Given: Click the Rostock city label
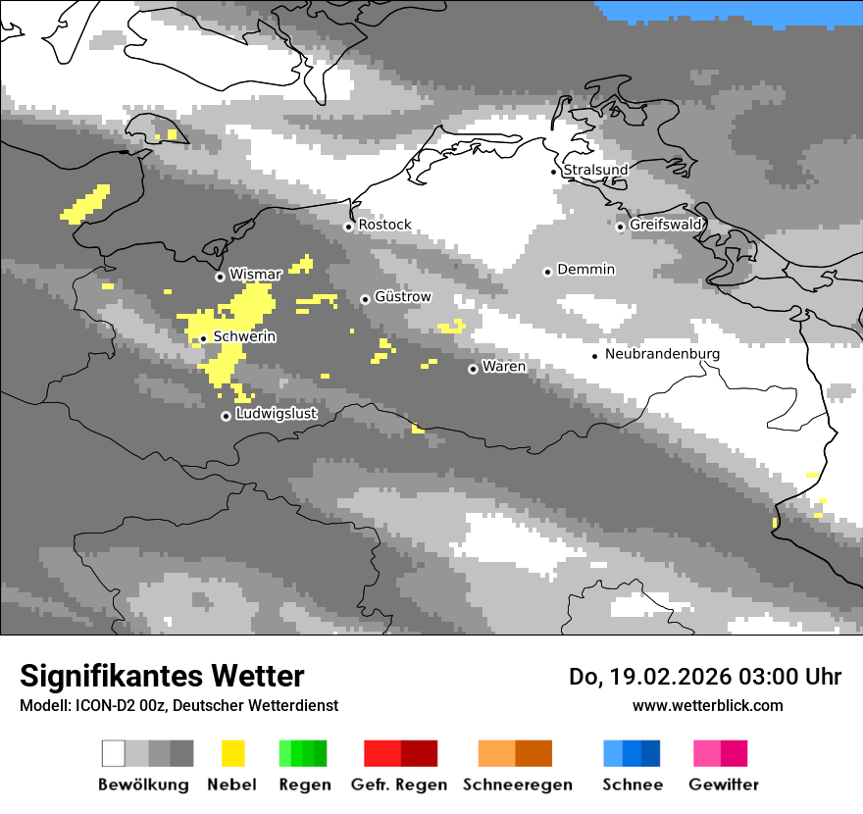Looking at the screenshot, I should tap(384, 225).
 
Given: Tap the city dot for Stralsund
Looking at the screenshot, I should tap(554, 172).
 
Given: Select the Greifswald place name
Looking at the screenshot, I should tap(666, 225).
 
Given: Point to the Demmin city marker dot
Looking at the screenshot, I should tap(548, 272).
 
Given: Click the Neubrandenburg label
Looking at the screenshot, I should tap(662, 354).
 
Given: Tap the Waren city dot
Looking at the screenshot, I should tap(474, 369).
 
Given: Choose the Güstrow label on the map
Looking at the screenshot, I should tap(402, 296).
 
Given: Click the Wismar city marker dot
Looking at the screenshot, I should tap(220, 277).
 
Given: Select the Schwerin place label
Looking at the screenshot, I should tap(244, 336).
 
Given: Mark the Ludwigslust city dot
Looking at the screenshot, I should tap(226, 416).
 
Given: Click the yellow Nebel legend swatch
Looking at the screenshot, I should tap(232, 753).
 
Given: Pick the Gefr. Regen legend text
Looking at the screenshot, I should tap(399, 785).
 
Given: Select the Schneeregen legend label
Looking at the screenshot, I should tap(518, 785).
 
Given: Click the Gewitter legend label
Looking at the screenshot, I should tap(724, 785).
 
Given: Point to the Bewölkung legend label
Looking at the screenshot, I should tap(143, 785).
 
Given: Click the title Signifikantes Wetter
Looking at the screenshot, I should tap(162, 676).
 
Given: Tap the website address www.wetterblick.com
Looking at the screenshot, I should tap(708, 705).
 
